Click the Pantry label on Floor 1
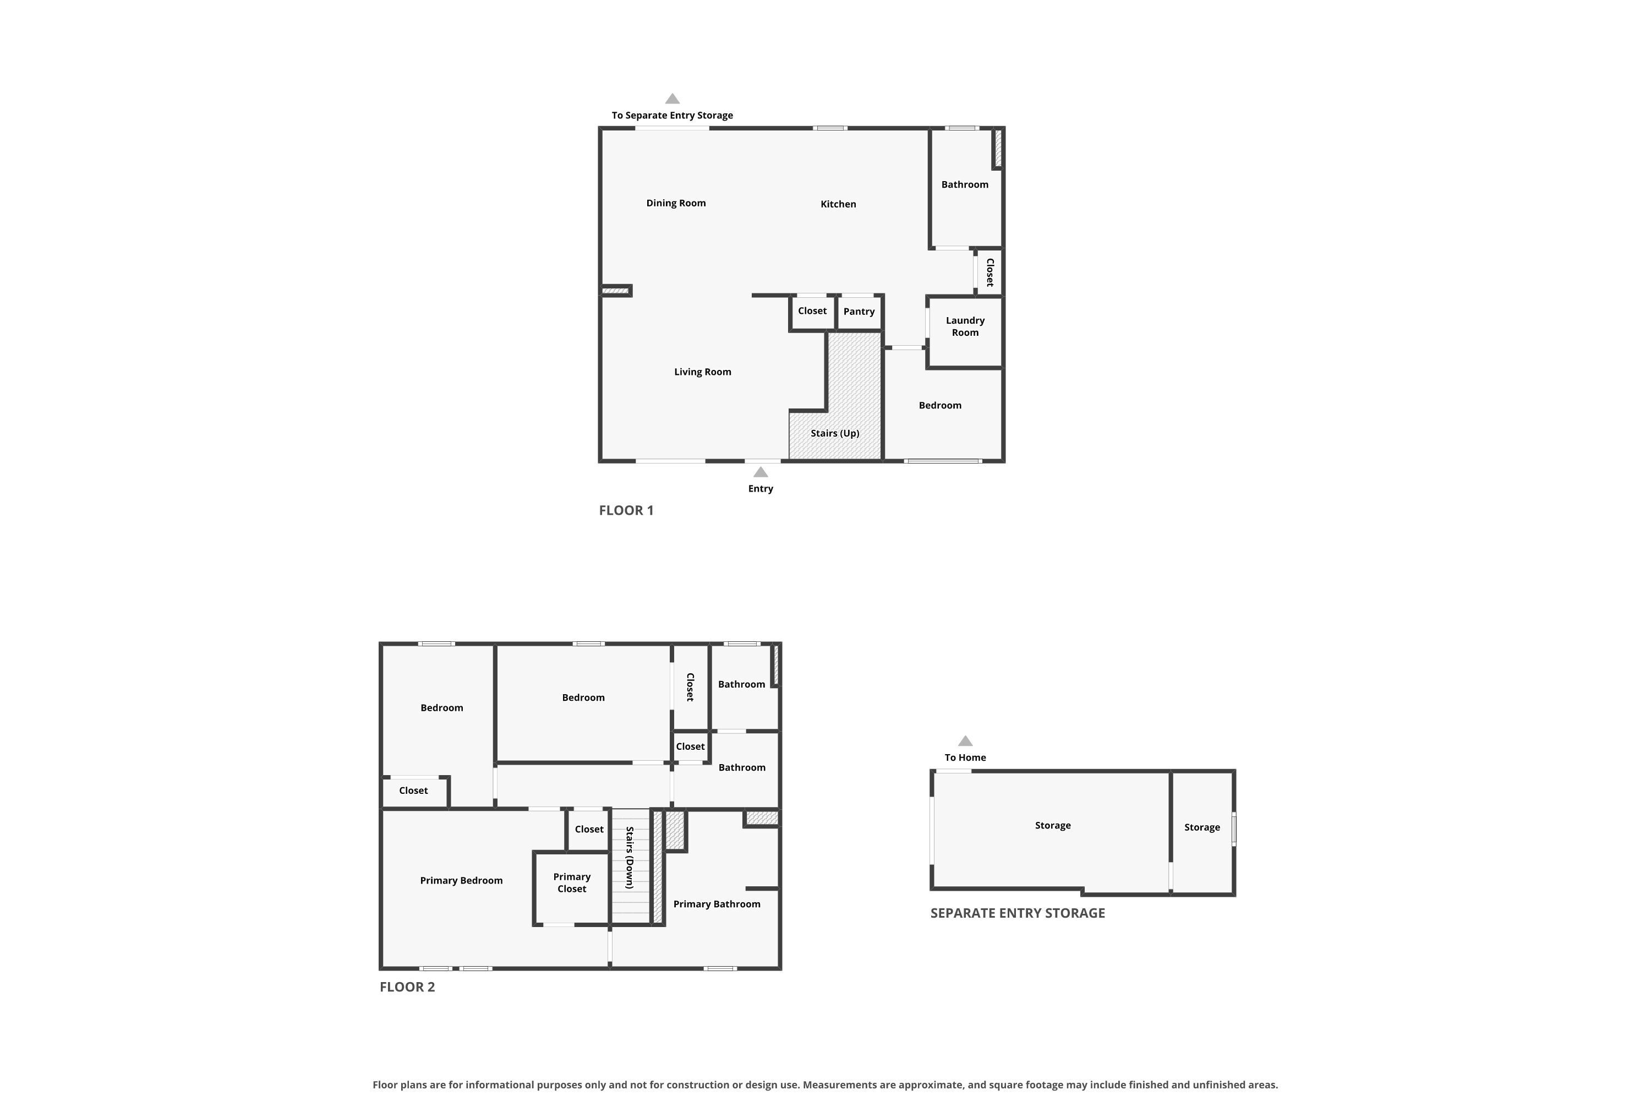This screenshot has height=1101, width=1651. (x=859, y=312)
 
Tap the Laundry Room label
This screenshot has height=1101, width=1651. (x=965, y=326)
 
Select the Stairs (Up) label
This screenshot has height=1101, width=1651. (x=835, y=433)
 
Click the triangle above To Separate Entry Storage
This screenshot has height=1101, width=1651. (x=672, y=99)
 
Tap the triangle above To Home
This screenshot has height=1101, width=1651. (x=965, y=741)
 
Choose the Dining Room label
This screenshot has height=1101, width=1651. (x=676, y=204)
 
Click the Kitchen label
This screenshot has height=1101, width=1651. (x=838, y=204)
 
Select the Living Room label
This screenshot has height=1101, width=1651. (x=703, y=372)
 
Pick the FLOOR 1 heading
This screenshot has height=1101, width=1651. (x=626, y=510)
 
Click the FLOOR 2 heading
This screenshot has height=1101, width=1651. (x=407, y=986)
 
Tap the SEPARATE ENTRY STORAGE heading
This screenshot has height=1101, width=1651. (x=1017, y=913)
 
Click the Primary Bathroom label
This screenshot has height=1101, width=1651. (x=717, y=904)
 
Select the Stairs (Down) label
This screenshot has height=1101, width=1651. (x=630, y=858)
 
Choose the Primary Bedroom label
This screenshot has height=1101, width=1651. (x=461, y=880)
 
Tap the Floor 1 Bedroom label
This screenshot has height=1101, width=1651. (x=940, y=405)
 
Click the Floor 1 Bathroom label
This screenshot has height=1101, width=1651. (x=965, y=184)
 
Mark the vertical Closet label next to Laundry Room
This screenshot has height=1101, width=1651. (x=989, y=272)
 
